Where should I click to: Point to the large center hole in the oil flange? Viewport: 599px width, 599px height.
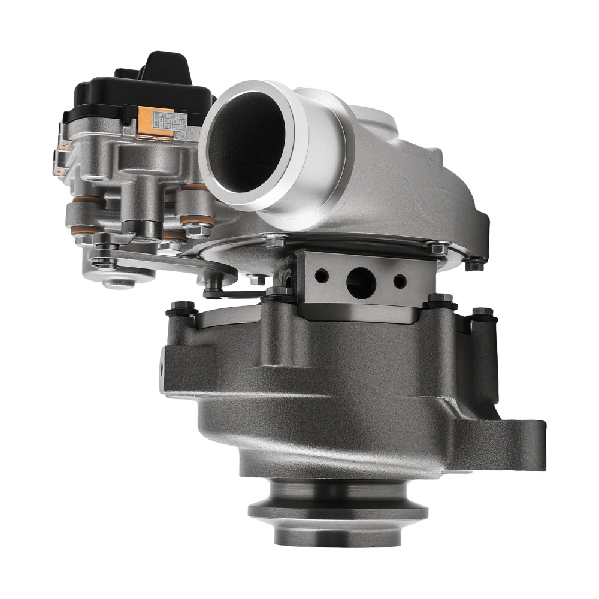pos(360,280)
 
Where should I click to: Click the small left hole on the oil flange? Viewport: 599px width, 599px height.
pos(322,276)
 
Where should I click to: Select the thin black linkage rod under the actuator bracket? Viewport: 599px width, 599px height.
pos(240,294)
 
